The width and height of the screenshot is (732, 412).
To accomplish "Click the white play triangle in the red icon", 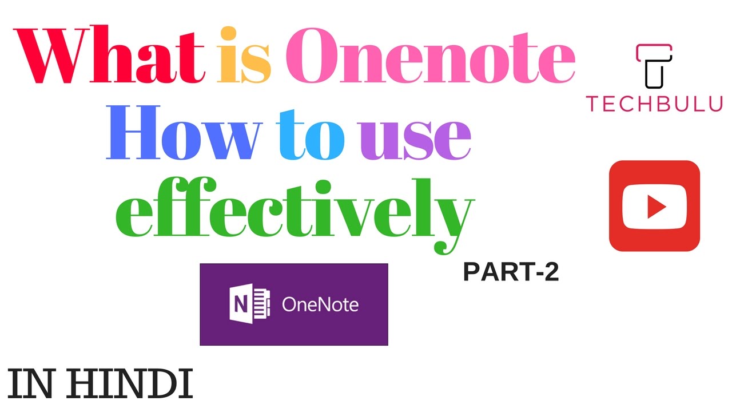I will (x=655, y=206).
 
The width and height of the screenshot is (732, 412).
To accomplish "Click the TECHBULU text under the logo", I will (x=654, y=104).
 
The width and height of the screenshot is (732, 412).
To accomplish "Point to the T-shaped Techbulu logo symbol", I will (x=654, y=66).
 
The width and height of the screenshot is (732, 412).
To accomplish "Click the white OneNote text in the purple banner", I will (x=320, y=304).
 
